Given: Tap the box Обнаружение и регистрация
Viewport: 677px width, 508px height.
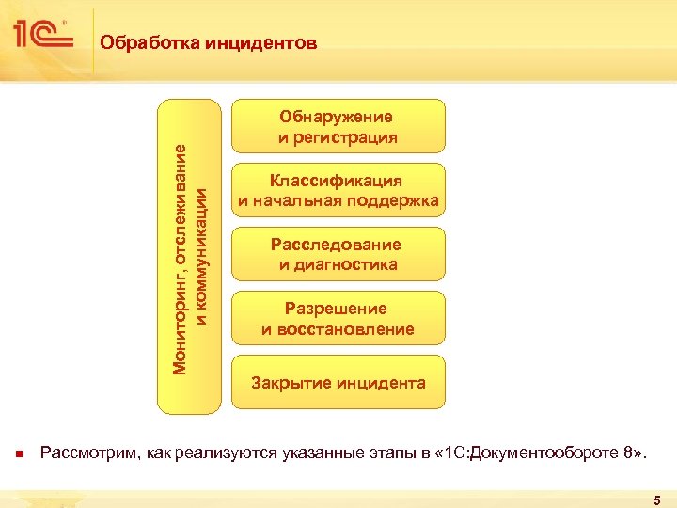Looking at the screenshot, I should [x=338, y=127].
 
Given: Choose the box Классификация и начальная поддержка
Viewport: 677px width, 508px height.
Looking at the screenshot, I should [x=338, y=191].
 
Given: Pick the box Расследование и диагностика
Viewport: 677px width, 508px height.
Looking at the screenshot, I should [x=338, y=255].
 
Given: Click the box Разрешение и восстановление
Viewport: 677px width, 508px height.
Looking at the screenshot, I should [x=338, y=319].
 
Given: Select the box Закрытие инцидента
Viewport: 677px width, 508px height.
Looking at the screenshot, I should [x=338, y=383].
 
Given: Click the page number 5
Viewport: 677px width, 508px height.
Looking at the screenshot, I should [x=657, y=500].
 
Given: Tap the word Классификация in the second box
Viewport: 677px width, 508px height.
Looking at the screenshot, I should [x=337, y=181].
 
